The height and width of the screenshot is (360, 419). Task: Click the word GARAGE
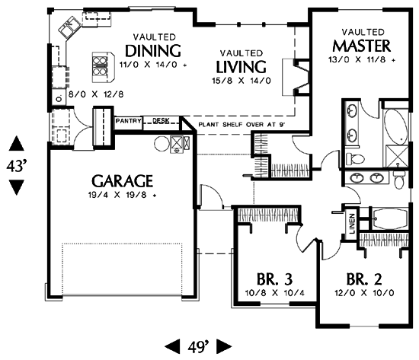click(x=122, y=181)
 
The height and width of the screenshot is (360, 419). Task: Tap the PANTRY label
click(x=128, y=121)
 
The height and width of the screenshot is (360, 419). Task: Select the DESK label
click(x=161, y=121)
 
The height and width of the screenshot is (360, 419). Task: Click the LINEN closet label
click(x=352, y=223)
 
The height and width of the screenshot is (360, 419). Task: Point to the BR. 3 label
click(x=275, y=279)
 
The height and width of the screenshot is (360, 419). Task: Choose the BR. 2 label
click(x=364, y=279)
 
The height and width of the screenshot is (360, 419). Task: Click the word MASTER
click(x=362, y=46)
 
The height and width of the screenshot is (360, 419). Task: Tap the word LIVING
click(x=241, y=67)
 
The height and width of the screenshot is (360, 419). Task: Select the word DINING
click(x=153, y=51)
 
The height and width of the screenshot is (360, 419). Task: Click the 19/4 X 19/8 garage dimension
click(x=122, y=195)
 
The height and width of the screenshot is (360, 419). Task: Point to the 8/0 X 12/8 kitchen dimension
click(x=96, y=94)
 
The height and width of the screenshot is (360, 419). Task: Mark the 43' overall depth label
click(x=17, y=166)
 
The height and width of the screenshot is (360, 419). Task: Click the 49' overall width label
click(x=198, y=346)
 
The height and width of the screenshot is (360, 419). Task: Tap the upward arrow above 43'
click(x=17, y=143)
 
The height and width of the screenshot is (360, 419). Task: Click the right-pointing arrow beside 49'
click(x=224, y=346)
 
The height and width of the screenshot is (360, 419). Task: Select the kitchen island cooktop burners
click(x=100, y=67)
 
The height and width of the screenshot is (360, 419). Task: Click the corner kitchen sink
click(x=70, y=27)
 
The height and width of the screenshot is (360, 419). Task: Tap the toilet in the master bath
click(x=355, y=159)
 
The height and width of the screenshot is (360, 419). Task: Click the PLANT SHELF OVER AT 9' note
click(x=241, y=125)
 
